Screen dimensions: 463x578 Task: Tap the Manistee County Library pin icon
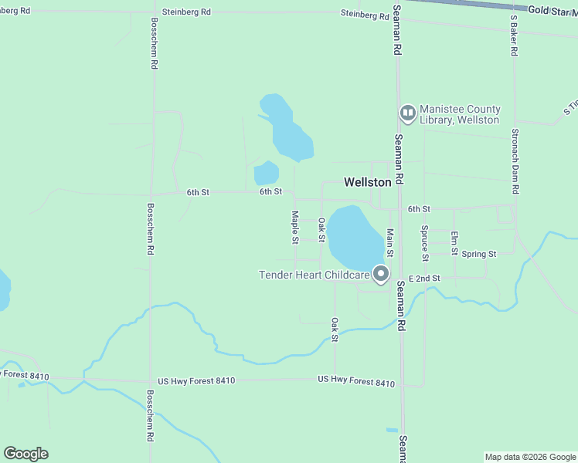pos(407,114)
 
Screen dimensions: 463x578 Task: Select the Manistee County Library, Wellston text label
pos(460,114)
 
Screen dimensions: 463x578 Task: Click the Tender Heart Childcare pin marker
pos(380,273)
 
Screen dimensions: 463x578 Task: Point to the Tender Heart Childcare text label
pos(314,275)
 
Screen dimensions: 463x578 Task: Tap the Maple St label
pos(294,228)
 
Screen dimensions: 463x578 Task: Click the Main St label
pos(390,242)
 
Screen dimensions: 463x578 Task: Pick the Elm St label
pos(454,244)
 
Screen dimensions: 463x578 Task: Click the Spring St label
pos(478,254)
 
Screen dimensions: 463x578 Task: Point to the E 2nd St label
pos(424,278)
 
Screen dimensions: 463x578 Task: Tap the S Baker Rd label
pos(513,35)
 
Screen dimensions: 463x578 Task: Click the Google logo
pos(25,454)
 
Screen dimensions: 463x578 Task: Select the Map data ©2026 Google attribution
pos(530,457)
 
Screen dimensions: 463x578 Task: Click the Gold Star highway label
pos(552,8)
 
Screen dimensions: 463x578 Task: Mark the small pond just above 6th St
pos(266,173)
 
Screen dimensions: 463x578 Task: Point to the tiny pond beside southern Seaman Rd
pos(392,430)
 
